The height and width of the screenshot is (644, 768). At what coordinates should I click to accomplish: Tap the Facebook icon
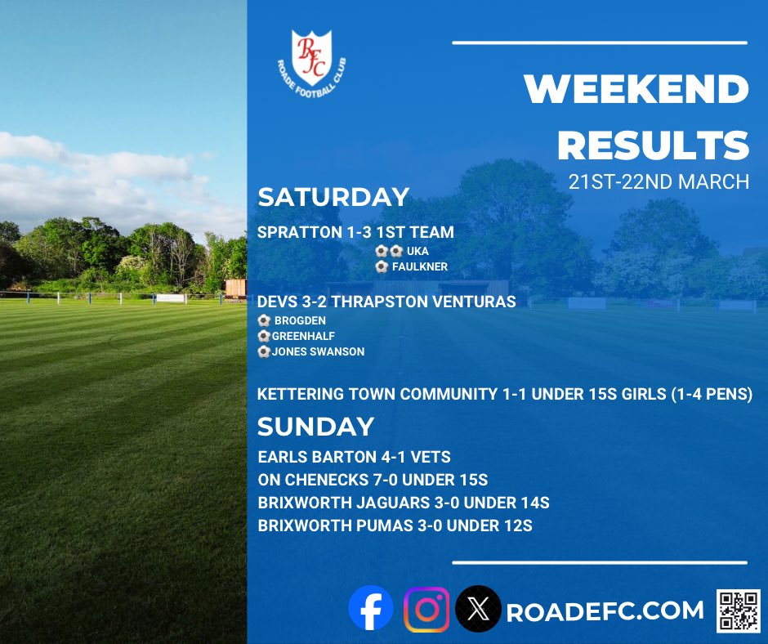point(371,610)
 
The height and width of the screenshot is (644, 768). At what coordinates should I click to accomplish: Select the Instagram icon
point(426,610)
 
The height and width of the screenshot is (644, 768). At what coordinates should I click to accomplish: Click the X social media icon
point(478,610)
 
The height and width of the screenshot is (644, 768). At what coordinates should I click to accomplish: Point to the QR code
point(738,610)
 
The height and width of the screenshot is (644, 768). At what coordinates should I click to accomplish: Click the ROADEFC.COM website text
point(605,611)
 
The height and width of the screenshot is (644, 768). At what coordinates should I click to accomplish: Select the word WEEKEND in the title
point(636,90)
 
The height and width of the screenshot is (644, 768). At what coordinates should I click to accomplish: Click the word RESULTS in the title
point(653,145)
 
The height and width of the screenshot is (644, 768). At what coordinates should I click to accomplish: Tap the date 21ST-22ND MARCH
point(659,181)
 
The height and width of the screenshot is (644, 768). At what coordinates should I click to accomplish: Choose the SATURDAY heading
point(333,197)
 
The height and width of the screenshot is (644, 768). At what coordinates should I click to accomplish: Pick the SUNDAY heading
point(315,426)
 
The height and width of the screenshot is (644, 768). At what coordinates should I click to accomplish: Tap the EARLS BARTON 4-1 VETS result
point(354,457)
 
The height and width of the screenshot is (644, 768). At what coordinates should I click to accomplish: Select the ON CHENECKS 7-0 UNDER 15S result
point(373,480)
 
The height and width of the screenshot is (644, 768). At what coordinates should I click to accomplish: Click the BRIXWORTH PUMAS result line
point(395,525)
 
